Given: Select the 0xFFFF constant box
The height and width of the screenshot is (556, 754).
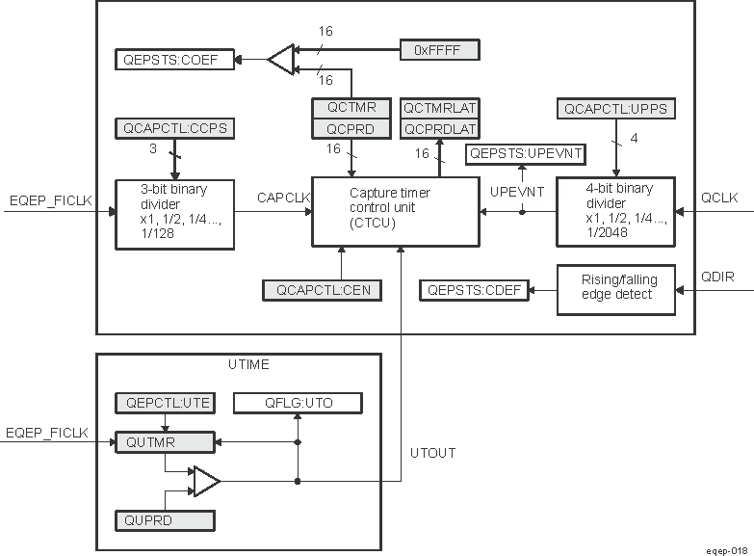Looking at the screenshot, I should [x=438, y=48].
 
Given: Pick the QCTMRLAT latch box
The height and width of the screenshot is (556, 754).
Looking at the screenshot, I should [x=440, y=107].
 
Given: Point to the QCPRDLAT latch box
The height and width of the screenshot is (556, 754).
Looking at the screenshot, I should [x=440, y=128].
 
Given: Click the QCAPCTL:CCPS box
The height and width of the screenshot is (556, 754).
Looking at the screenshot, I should [x=174, y=127].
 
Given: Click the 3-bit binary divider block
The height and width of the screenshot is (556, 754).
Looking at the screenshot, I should [x=174, y=213].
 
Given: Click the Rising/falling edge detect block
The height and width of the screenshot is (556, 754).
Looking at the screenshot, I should [x=616, y=288].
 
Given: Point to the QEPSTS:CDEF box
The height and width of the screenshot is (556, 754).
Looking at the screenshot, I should [x=474, y=288].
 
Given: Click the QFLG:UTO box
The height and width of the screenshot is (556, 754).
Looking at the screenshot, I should [x=298, y=403].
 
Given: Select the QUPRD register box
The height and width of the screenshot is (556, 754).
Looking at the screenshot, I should [x=165, y=520].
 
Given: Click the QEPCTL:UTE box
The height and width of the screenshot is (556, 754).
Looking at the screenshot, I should [x=165, y=403].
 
